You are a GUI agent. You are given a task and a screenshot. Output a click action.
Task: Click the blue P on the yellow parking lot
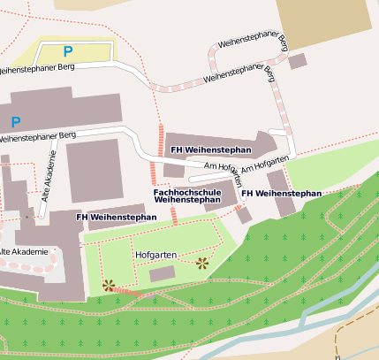pyautogui.click(x=67, y=52)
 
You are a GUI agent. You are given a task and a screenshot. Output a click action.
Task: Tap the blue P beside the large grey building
pyautogui.click(x=15, y=120)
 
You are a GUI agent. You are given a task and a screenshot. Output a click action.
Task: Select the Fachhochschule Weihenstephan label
pyautogui.click(x=186, y=195)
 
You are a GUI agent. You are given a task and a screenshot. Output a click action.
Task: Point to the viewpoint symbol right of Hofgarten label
pyautogui.click(x=202, y=262)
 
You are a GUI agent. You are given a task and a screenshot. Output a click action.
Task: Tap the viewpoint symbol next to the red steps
pyautogui.click(x=108, y=285)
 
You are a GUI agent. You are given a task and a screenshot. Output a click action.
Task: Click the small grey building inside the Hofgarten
pyautogui.click(x=162, y=275)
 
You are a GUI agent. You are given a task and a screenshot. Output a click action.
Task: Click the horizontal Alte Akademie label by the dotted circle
pyautogui.click(x=24, y=252)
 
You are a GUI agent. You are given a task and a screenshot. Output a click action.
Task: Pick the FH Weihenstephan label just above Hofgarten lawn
pyautogui.click(x=117, y=217)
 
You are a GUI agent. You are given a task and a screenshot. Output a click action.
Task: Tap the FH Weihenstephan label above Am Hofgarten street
pyautogui.click(x=211, y=150)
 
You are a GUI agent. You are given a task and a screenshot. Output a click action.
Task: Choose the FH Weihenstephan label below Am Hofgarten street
pyautogui.click(x=281, y=193)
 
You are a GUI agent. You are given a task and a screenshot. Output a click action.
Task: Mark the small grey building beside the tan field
pyautogui.click(x=298, y=61)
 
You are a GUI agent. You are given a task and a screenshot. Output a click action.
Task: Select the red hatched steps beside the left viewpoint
pyautogui.click(x=127, y=290)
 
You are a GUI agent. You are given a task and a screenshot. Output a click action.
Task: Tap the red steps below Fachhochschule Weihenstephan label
pyautogui.click(x=174, y=215)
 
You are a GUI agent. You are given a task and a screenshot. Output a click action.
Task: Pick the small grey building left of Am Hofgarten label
pyautogui.click(x=174, y=170)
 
